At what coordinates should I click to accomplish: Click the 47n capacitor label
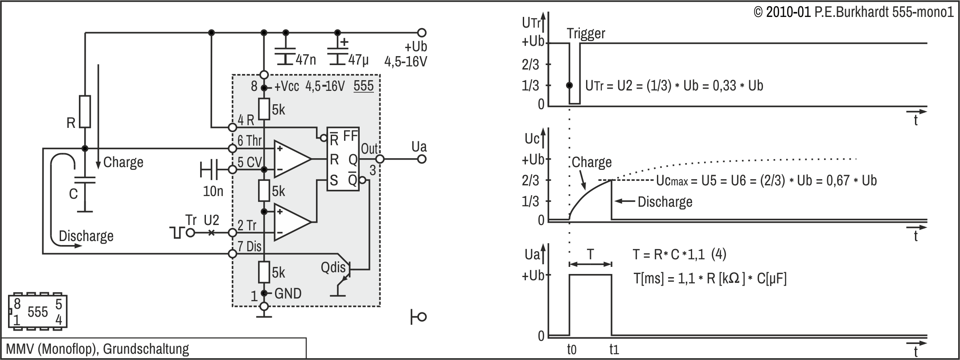click(305, 59)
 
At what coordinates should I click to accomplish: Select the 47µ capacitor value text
click(358, 59)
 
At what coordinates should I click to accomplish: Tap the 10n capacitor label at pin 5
click(213, 191)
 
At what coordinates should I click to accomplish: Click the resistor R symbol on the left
click(85, 112)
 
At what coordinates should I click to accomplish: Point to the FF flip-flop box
click(343, 159)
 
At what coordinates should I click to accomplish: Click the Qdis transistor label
click(333, 267)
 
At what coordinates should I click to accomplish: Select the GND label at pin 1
click(288, 293)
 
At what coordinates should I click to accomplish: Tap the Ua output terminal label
click(418, 147)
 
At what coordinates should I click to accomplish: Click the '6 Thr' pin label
click(249, 141)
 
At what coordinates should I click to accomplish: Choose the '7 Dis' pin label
click(249, 246)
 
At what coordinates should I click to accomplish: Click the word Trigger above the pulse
click(586, 33)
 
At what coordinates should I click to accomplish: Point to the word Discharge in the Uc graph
click(665, 202)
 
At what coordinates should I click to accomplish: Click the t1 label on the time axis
click(614, 350)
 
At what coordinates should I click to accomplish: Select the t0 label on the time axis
click(571, 350)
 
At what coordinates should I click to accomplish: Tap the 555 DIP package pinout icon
click(37, 312)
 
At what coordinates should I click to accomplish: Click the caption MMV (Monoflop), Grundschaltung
click(98, 349)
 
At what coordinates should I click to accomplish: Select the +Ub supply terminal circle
click(422, 33)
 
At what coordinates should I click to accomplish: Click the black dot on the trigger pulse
click(570, 85)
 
